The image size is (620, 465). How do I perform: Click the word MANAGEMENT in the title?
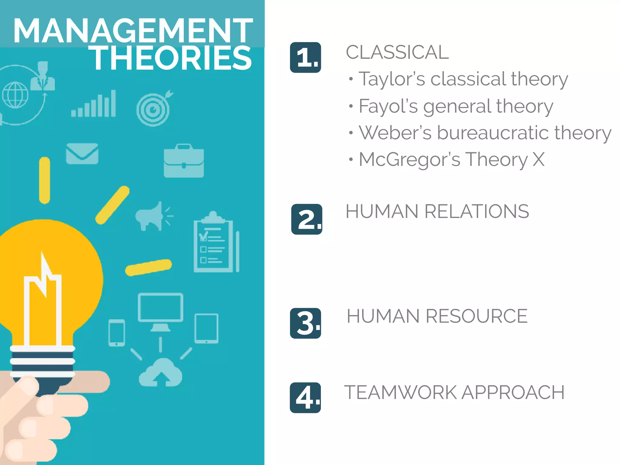133,31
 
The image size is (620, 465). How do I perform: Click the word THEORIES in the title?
171,58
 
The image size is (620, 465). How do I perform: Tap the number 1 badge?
305,58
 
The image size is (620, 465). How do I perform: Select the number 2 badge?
307,219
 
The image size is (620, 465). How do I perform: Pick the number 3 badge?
305,323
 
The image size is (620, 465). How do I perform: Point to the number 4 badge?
305,398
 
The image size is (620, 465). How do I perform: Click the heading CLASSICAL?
397,52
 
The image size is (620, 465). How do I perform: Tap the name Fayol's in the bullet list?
388,106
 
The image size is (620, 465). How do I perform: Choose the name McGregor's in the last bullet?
409,160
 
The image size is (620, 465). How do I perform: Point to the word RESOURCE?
477,316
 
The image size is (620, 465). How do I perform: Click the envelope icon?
82,154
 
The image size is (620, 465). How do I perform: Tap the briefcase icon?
184,161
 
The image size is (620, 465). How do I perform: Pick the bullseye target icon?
154,109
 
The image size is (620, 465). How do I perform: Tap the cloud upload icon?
160,373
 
